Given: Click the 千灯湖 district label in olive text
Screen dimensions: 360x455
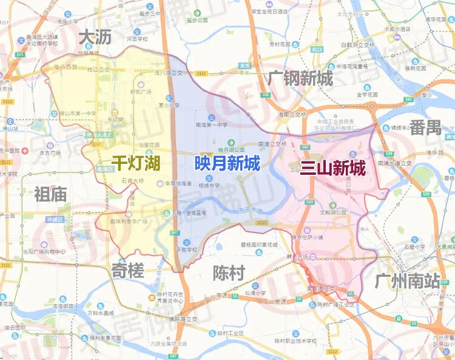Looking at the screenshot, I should coord(135,162).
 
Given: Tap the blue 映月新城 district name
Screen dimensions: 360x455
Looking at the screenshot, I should coord(227,163).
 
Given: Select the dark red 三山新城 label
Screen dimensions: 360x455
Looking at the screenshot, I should coord(333,168).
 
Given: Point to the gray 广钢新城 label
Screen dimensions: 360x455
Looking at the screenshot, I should coord(300,78).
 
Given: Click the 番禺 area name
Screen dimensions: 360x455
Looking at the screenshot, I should coord(425,127).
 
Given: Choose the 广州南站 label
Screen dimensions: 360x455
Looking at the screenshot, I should coord(407,281).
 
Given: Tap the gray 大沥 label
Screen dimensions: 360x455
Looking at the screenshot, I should coord(95,38).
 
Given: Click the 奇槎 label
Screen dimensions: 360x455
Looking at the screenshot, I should coord(127,271).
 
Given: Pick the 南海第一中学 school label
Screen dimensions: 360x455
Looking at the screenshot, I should coord(211,124).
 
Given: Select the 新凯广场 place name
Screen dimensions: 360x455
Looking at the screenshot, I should coord(140,92).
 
